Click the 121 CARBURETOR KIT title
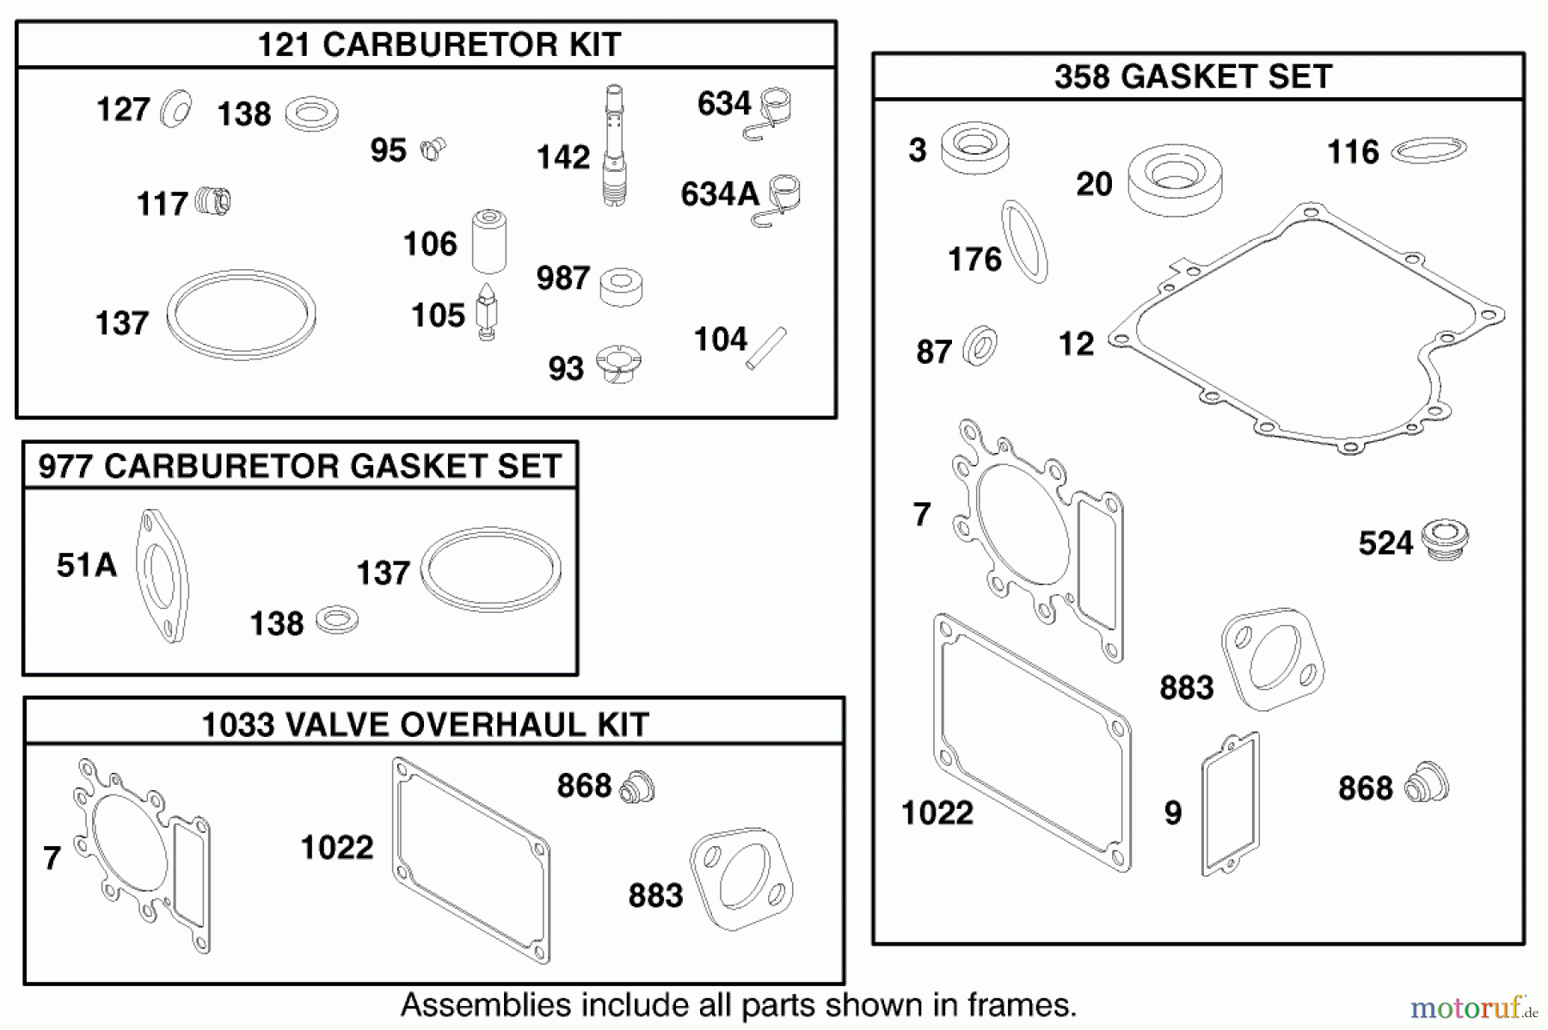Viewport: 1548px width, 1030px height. pos(439,45)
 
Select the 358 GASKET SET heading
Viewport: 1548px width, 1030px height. pos(1193,77)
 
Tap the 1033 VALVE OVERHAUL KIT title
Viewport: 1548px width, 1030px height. pos(425,725)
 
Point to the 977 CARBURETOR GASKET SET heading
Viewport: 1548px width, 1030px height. pos(299,466)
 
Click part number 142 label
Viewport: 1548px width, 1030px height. pos(563,158)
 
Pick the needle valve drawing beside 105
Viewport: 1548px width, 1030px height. pos(487,312)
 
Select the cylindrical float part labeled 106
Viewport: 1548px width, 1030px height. pos(488,241)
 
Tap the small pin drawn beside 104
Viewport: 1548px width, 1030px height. pos(765,348)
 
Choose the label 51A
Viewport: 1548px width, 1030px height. pos(86,566)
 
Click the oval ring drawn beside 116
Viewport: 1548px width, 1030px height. pos(1428,150)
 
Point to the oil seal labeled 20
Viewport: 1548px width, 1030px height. pos(1174,181)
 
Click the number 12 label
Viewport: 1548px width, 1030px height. pos(1076,345)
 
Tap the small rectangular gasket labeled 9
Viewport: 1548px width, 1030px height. pos(1230,804)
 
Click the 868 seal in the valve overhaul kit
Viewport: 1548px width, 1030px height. pos(637,787)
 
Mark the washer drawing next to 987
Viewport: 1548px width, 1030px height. pos(621,287)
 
